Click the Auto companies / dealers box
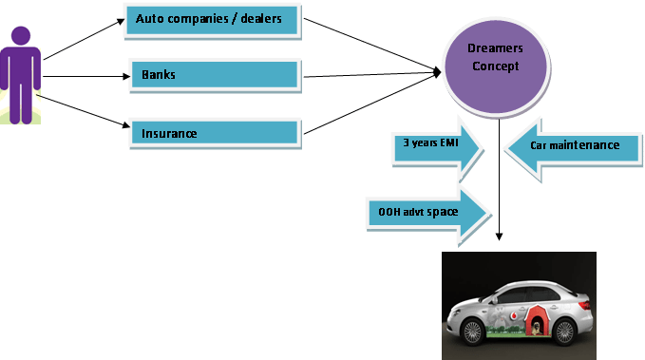point(213,22)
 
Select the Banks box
point(216,76)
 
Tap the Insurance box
point(216,133)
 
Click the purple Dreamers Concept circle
point(497,66)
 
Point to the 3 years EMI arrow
point(437,148)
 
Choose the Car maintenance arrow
point(573,149)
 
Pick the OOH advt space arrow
point(428,215)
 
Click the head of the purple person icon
point(21,36)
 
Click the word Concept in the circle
point(495,66)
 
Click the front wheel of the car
point(472,332)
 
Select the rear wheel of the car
point(564,332)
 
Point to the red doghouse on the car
point(535,320)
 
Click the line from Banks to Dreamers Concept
point(372,75)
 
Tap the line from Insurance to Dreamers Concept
point(372,104)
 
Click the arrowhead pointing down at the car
point(499,237)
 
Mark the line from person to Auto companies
point(84,40)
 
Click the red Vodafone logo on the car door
point(513,316)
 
